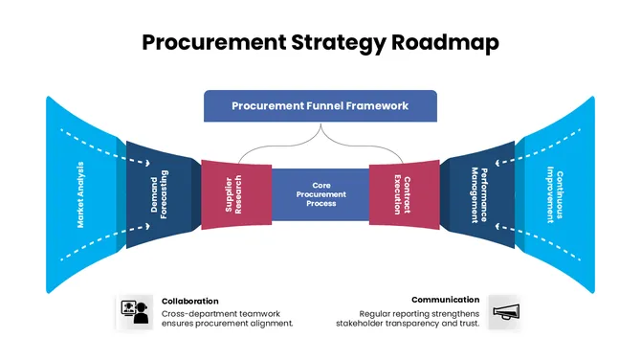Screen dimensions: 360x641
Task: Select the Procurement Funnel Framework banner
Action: [320, 106]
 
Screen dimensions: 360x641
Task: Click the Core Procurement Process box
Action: [320, 194]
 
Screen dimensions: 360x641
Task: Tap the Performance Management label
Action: [478, 194]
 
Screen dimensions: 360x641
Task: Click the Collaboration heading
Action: [189, 301]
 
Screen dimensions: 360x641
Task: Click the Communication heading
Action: [446, 300]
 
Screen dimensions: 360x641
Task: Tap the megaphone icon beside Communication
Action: [503, 312]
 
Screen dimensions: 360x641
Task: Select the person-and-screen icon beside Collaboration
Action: [134, 312]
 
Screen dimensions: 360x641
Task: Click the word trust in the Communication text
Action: [467, 324]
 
